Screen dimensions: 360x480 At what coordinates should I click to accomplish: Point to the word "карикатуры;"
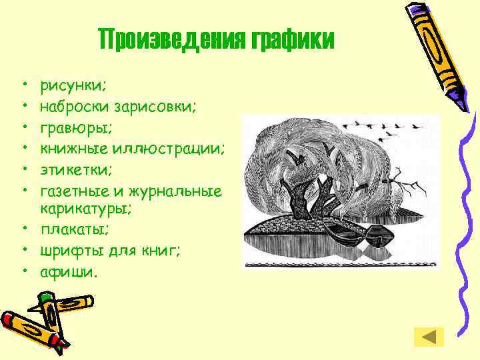[86, 210]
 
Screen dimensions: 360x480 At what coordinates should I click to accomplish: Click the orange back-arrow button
[428, 337]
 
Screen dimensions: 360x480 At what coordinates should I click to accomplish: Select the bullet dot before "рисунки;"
[23, 86]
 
